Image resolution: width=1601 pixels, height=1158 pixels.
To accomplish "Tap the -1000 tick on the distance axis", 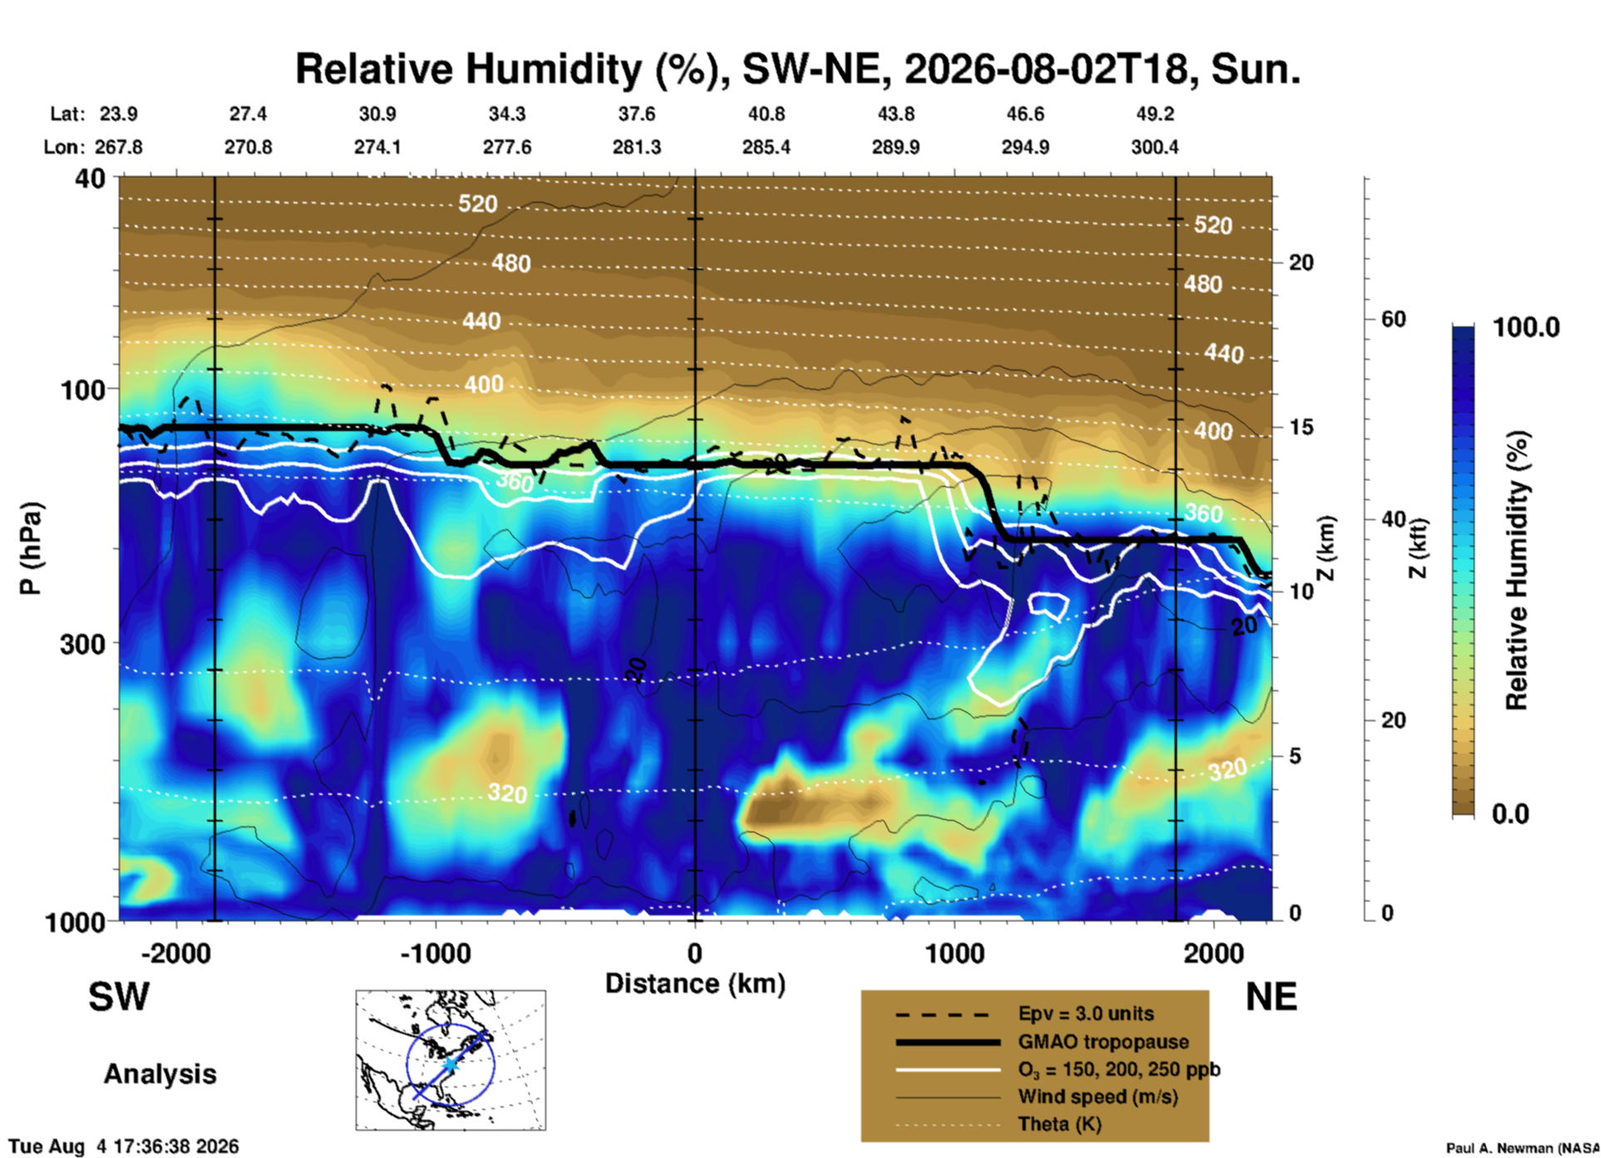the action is [436, 953].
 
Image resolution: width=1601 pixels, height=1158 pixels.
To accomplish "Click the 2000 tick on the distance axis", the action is [1214, 953].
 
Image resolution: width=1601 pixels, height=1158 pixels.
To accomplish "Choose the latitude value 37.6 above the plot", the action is [637, 114].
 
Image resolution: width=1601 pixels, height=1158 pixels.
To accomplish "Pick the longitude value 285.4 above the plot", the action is [766, 147].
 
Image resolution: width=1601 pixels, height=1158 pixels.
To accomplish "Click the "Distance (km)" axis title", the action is [695, 984].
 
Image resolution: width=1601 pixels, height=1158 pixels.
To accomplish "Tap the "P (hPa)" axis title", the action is [30, 548].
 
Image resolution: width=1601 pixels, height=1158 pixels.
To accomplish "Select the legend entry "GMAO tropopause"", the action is [1103, 1042].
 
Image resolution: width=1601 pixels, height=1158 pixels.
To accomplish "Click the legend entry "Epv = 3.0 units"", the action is [1086, 1013].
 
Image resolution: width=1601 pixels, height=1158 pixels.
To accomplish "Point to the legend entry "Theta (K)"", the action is [1060, 1124].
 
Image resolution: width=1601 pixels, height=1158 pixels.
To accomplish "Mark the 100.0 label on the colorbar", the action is [1527, 327].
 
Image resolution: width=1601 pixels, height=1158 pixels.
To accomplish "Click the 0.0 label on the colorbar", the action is [1510, 814].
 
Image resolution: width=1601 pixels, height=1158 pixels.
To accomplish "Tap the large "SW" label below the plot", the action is [119, 997].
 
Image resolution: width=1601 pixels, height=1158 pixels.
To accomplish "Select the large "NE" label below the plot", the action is [1271, 997].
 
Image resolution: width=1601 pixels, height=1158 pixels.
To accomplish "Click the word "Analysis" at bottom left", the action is [160, 1074].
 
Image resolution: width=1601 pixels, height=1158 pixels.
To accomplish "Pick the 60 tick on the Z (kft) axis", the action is [1393, 319].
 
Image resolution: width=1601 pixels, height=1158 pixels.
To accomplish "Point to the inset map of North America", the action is [451, 1060].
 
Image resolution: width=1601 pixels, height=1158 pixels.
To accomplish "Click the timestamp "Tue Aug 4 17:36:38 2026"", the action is [124, 1146].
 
